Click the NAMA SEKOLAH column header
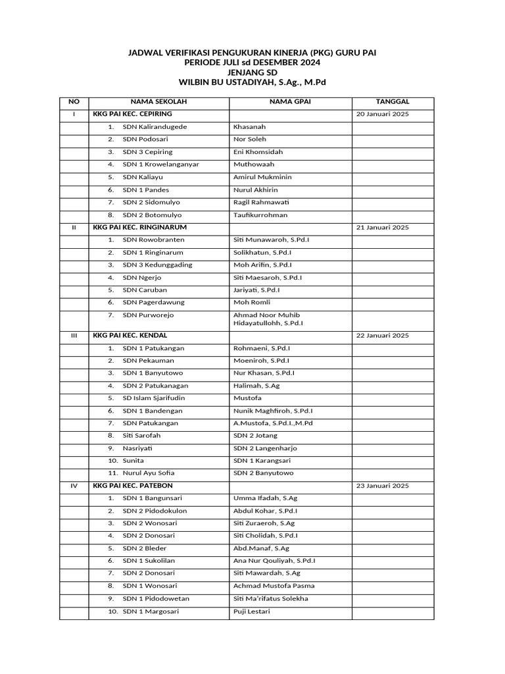pos(158,102)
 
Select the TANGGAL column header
pos(393,102)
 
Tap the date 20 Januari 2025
pos(382,115)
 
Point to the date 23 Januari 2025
pos(382,486)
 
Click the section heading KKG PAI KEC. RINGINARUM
pos(135,227)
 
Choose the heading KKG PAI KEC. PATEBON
pos(133,486)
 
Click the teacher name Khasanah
pos(249,127)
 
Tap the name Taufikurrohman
pos(260,215)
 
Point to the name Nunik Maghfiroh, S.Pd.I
pos(273,411)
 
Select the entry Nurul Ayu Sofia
pos(149,473)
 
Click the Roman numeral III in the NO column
pos(74,336)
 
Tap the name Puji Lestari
pos(252,611)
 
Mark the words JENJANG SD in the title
pos(252,72)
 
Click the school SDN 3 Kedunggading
pos(157,265)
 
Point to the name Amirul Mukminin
pos(262,177)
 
